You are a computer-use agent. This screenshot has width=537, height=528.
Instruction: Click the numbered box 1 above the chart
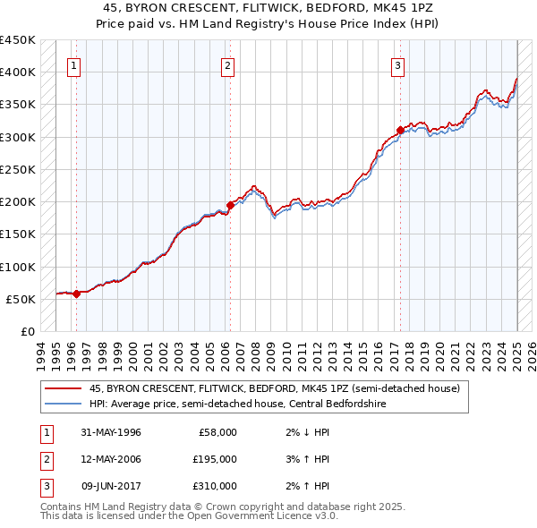click(x=74, y=64)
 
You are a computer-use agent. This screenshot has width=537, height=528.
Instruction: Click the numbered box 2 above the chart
click(x=228, y=64)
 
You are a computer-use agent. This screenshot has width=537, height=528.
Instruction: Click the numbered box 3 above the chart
click(x=396, y=64)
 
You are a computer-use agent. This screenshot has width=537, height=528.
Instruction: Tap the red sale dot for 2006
click(x=230, y=205)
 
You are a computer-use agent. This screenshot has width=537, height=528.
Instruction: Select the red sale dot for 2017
click(x=400, y=130)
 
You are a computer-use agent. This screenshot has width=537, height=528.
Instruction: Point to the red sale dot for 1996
click(x=77, y=293)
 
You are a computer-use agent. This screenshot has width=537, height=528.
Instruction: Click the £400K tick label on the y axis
click(x=17, y=72)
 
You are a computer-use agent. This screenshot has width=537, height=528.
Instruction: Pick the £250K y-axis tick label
click(x=17, y=169)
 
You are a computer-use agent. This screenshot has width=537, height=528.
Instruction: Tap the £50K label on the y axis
click(x=21, y=299)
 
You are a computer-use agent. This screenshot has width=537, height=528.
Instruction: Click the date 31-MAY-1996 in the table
click(x=111, y=432)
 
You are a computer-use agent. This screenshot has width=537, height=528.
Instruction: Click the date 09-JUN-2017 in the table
click(x=111, y=486)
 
